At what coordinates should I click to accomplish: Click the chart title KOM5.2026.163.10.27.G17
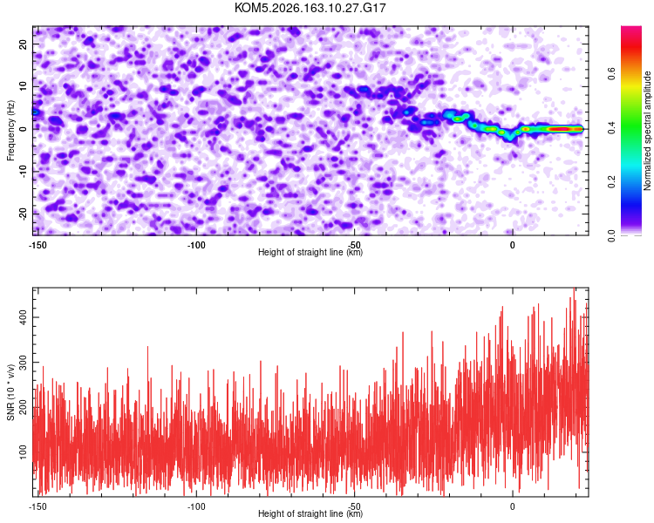point(310,8)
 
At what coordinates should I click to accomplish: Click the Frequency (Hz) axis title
point(10,131)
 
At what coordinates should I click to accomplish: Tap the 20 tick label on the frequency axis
point(23,44)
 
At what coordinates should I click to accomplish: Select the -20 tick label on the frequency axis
point(23,214)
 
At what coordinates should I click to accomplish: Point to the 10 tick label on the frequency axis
point(23,86)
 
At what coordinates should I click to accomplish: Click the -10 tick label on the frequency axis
point(23,172)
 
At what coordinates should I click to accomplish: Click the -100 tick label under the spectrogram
point(196,245)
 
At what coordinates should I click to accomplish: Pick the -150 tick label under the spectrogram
point(37,245)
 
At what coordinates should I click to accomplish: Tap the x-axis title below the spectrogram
point(310,252)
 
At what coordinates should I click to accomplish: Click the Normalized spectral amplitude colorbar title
point(647,131)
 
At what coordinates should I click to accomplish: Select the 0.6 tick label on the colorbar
point(612,74)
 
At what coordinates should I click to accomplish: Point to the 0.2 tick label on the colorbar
point(612,182)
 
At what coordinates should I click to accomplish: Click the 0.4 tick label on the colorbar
point(612,127)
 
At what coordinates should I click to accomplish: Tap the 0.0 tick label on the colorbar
point(612,235)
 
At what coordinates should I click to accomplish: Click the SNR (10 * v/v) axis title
point(10,392)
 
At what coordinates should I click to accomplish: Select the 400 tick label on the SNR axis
point(23,318)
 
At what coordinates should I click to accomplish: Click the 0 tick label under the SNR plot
point(512,506)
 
